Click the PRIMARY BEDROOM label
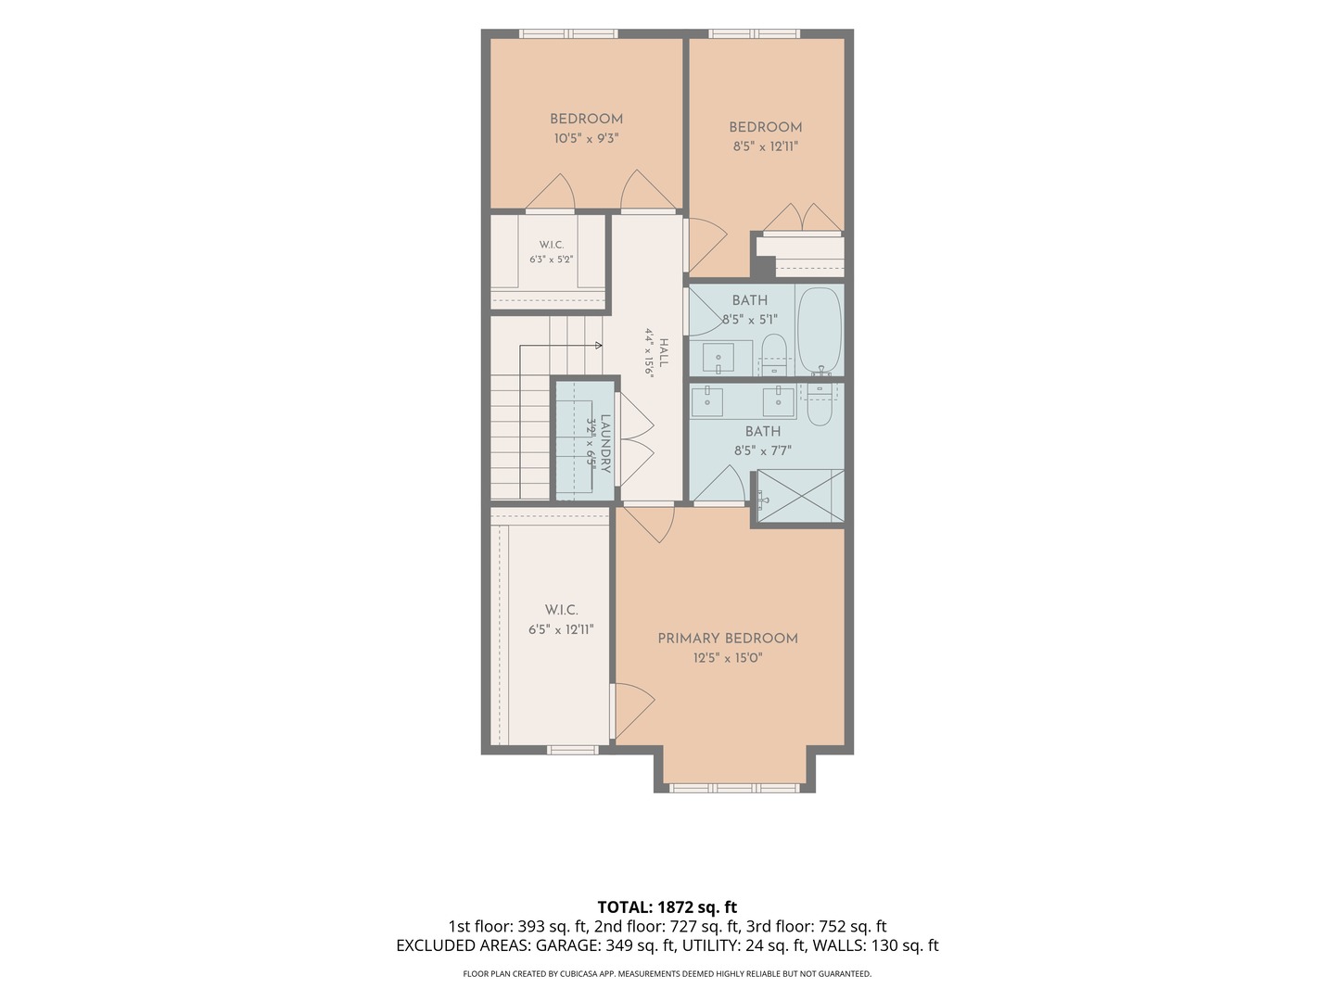[x=728, y=639]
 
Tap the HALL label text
[x=664, y=352]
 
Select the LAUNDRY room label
[x=605, y=443]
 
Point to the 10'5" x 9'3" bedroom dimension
[x=586, y=139]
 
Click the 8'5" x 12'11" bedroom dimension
[x=765, y=146]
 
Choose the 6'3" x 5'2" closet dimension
[x=551, y=260]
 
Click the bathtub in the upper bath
[x=820, y=331]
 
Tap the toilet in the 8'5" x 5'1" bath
[x=774, y=354]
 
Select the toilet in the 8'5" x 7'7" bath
[x=820, y=403]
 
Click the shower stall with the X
[x=801, y=495]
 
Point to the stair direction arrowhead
[x=599, y=345]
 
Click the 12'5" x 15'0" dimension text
[x=728, y=658]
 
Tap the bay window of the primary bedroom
[x=734, y=788]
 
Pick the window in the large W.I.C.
[x=572, y=750]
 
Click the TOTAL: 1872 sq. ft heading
[x=667, y=906]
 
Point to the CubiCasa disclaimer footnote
[x=667, y=973]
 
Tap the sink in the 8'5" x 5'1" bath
[x=718, y=358]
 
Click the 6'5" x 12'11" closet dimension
[x=561, y=629]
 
